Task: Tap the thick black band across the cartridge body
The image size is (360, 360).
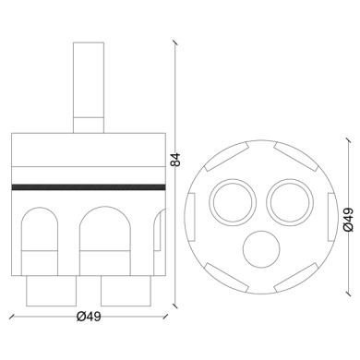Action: click(89, 186)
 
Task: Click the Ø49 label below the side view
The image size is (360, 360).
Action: click(89, 317)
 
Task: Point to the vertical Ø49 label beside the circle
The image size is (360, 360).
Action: click(348, 219)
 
